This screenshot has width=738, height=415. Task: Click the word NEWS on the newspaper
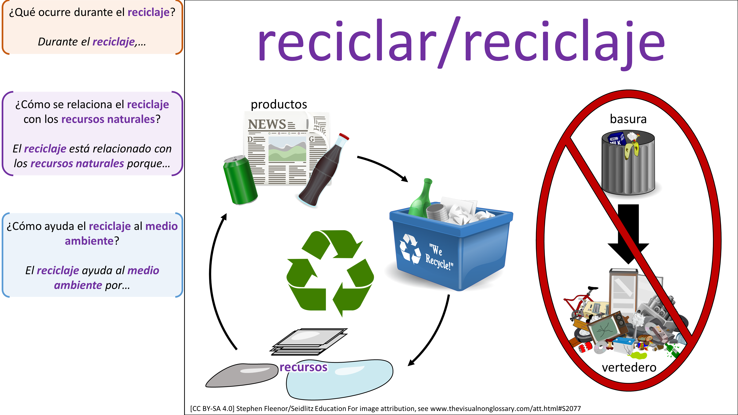point(267,124)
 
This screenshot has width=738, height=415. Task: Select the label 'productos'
point(279,104)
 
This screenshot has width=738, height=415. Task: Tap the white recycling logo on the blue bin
point(410,249)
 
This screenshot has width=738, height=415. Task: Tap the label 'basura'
point(628,119)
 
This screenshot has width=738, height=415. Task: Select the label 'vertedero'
point(629,367)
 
